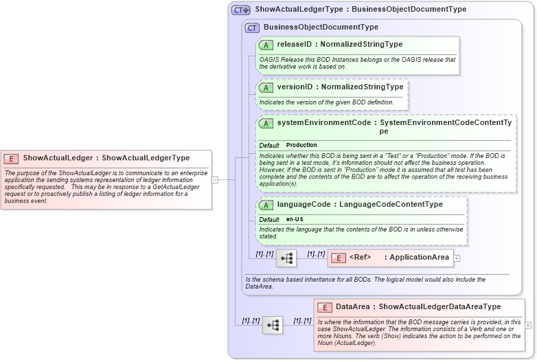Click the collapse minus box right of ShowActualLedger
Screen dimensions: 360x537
click(x=215, y=180)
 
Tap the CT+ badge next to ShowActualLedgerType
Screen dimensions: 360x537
click(x=241, y=10)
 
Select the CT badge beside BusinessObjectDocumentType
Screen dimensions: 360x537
click(x=252, y=27)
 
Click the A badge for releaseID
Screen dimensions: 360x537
click(x=266, y=45)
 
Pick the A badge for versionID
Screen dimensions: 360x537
click(x=266, y=87)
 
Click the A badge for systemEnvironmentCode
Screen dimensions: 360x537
click(x=266, y=123)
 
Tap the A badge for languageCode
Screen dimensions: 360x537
click(x=266, y=205)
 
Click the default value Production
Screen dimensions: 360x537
click(x=301, y=146)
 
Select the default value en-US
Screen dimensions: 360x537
click(x=295, y=219)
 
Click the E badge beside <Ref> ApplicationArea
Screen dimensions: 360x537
click(x=338, y=258)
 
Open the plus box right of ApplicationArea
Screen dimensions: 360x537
click(x=457, y=258)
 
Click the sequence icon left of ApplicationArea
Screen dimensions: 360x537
click(x=286, y=258)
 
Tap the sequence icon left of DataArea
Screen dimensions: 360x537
click(x=273, y=325)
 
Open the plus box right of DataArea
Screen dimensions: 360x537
click(x=528, y=325)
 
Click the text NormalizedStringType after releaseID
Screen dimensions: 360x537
click(x=362, y=45)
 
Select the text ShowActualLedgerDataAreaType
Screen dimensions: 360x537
click(x=439, y=307)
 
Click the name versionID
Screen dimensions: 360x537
click(x=295, y=87)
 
